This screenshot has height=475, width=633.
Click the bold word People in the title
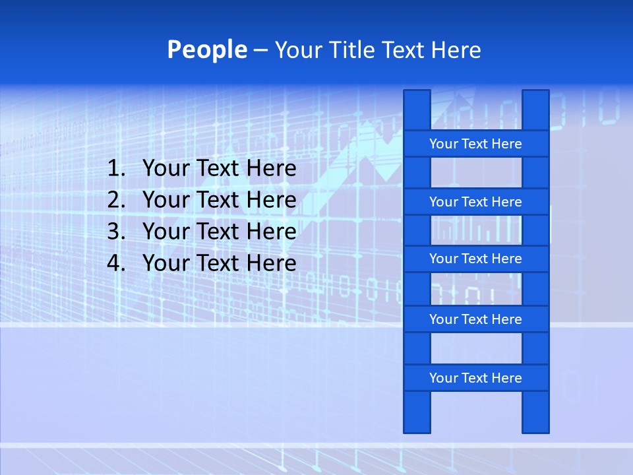tap(206, 49)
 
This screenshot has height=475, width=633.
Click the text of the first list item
tap(219, 168)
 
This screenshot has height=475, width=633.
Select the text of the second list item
tap(219, 200)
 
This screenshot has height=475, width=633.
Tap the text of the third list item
tap(219, 232)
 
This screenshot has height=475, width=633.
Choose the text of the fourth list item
tap(219, 263)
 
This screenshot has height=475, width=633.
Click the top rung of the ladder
tap(475, 144)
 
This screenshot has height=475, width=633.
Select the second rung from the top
tap(475, 202)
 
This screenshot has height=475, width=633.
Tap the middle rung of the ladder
tap(475, 259)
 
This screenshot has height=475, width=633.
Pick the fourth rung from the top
tap(475, 319)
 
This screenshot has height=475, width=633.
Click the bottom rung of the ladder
tap(475, 378)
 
